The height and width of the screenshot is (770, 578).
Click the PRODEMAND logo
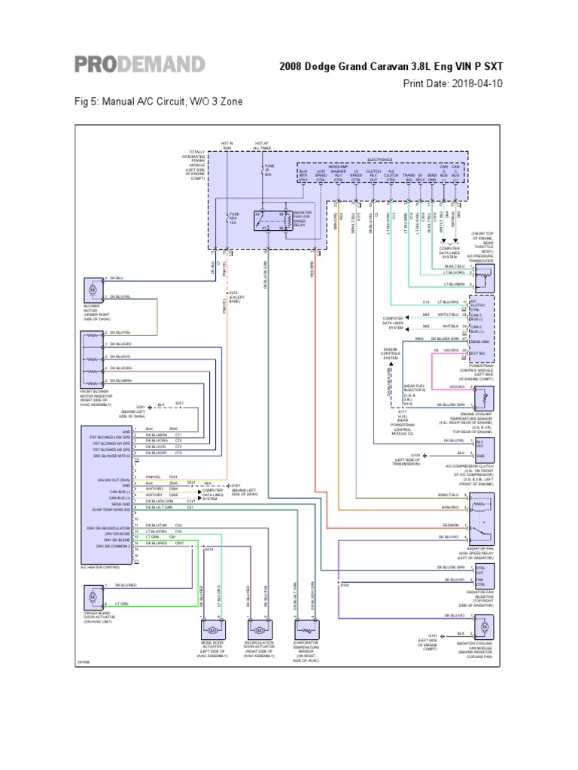pos(139,64)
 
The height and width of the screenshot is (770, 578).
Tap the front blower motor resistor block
pos(93,362)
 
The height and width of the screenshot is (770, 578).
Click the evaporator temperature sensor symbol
pos(306,628)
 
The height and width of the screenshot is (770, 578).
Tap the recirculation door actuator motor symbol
pos(258,628)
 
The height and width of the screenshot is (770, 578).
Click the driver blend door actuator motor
pos(93,595)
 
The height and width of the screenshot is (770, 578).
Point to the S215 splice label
pos(233,293)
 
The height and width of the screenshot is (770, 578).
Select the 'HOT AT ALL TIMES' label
pos(263,145)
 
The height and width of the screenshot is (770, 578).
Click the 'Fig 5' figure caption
pos(159,102)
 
